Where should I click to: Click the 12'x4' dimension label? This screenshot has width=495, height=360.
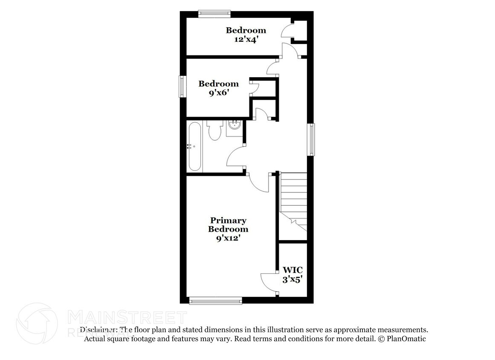click(x=246, y=40)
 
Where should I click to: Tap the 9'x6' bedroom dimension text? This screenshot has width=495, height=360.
click(x=218, y=93)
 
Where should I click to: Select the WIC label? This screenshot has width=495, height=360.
click(x=293, y=270)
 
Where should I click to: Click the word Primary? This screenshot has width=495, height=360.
click(x=228, y=221)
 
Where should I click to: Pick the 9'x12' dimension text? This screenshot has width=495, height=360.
click(x=228, y=238)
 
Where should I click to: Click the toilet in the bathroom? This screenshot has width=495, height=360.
click(x=214, y=130)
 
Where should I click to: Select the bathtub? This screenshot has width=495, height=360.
click(x=194, y=146)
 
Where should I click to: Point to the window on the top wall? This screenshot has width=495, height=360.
click(x=214, y=14)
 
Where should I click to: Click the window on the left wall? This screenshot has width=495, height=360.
click(x=182, y=87)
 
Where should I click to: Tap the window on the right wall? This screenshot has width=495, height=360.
click(x=311, y=139)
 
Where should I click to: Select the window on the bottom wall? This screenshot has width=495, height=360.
click(x=216, y=301)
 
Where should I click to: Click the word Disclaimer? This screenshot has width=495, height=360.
click(x=98, y=330)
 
